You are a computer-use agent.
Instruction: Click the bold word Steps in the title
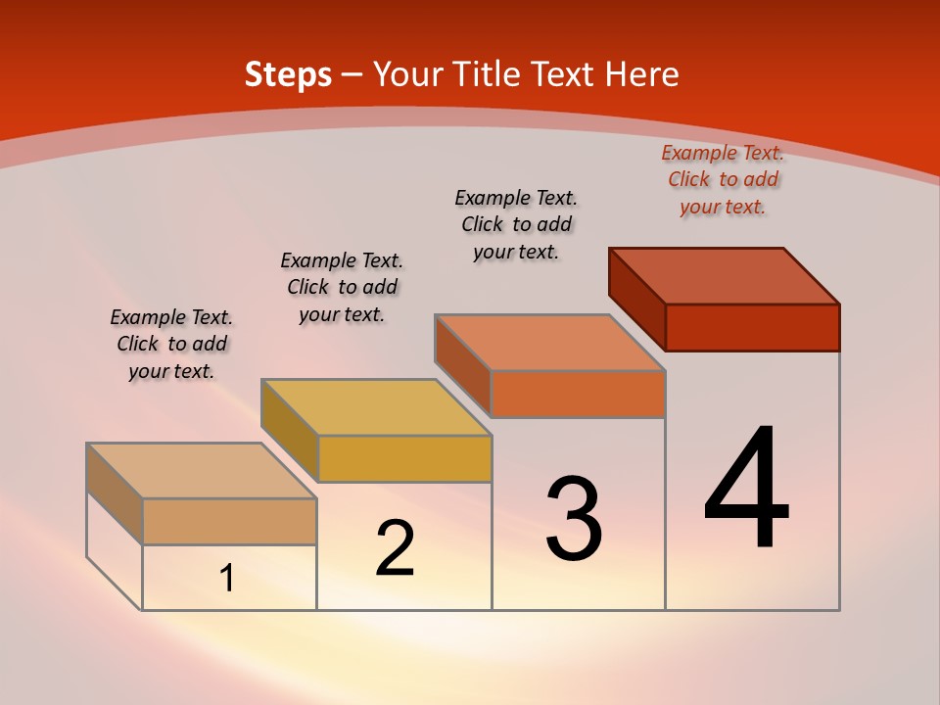(x=288, y=74)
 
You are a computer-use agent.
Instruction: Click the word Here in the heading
(x=642, y=74)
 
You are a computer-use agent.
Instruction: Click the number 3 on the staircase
(x=574, y=519)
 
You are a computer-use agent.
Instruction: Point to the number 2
(x=395, y=548)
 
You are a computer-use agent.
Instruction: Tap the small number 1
(x=226, y=579)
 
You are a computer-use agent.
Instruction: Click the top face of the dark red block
(x=725, y=276)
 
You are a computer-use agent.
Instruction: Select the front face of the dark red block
(x=752, y=327)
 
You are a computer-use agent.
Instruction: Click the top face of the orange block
(x=550, y=343)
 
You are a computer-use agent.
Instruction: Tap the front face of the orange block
(x=578, y=394)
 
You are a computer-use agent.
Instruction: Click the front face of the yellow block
(x=404, y=458)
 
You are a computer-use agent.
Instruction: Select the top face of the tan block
(x=202, y=471)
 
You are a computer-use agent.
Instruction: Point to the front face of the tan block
(x=229, y=521)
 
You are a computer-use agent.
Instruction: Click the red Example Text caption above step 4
(x=723, y=179)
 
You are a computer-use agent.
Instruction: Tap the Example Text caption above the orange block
(x=516, y=224)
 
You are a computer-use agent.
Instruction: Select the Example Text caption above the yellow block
(x=342, y=287)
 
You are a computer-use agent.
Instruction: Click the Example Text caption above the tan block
(x=171, y=344)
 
